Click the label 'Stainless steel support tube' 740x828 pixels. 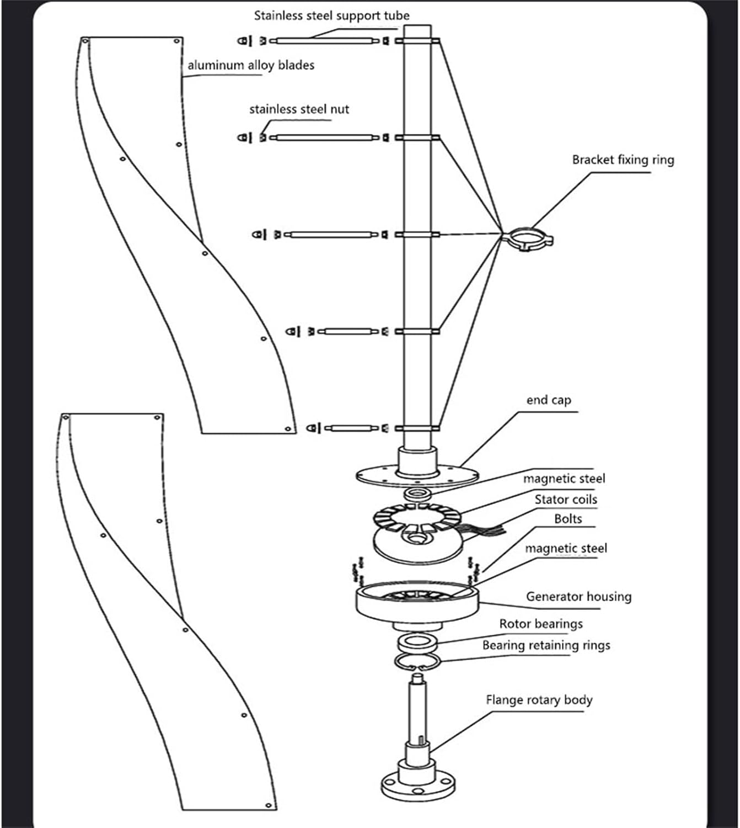click(331, 16)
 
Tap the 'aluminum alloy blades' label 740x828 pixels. click(251, 65)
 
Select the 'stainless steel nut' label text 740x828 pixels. click(299, 109)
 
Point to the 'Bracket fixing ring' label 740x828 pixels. click(623, 160)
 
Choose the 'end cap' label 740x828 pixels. click(549, 400)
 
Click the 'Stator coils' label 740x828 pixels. click(566, 500)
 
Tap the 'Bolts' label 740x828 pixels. click(568, 519)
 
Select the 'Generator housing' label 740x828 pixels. click(578, 597)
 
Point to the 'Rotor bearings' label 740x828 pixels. click(541, 624)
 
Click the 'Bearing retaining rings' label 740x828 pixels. click(546, 645)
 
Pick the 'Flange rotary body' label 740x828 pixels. click(539, 700)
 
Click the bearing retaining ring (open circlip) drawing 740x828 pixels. click(417, 662)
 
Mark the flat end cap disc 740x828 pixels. click(417, 475)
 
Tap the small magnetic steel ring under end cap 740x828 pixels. click(417, 492)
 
